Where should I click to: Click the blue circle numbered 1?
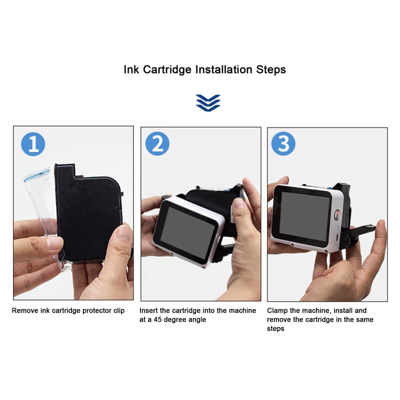point(33,144)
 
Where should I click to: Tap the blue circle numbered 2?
point(157,144)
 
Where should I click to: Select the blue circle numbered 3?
point(283,144)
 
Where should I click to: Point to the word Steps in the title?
point(270,69)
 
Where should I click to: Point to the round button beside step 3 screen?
point(337,215)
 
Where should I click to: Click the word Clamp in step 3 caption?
point(278,310)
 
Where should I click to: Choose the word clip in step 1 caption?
point(118,310)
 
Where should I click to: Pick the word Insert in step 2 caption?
point(149,310)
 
